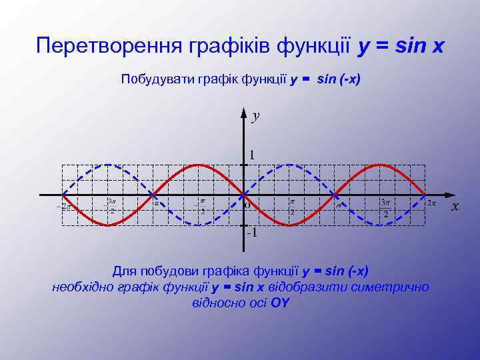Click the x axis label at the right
pyautogui.click(x=455, y=206)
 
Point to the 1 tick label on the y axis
pyautogui.click(x=251, y=155)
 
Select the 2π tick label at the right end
pyautogui.click(x=432, y=203)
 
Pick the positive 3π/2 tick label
pyautogui.click(x=385, y=207)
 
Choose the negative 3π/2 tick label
pyautogui.click(x=112, y=206)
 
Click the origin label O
pyautogui.click(x=247, y=205)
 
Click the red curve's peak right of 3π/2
pyautogui.click(x=380, y=165)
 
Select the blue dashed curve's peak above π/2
pyautogui.click(x=289, y=165)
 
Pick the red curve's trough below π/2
pyautogui.click(x=289, y=225)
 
